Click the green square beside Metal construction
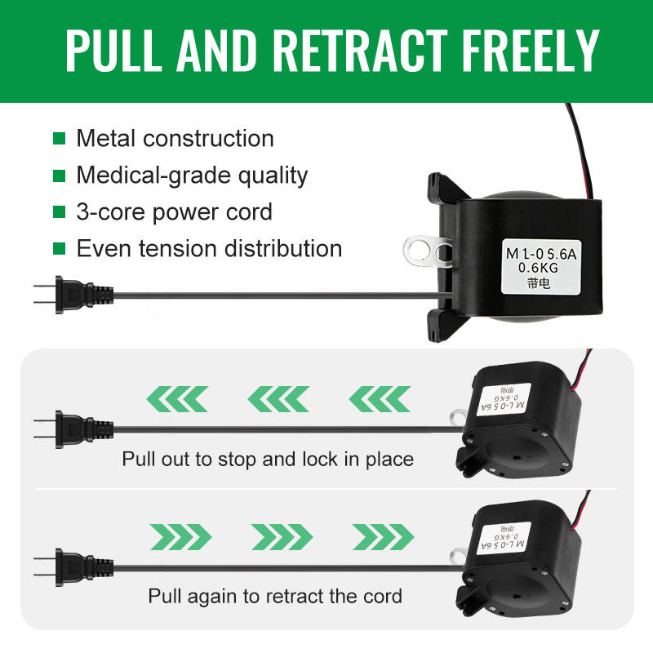[x=59, y=139]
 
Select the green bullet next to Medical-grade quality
[x=59, y=175]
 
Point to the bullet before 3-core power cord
[x=59, y=212]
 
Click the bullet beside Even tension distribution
[x=59, y=249]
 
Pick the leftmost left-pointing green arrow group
[x=175, y=400]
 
